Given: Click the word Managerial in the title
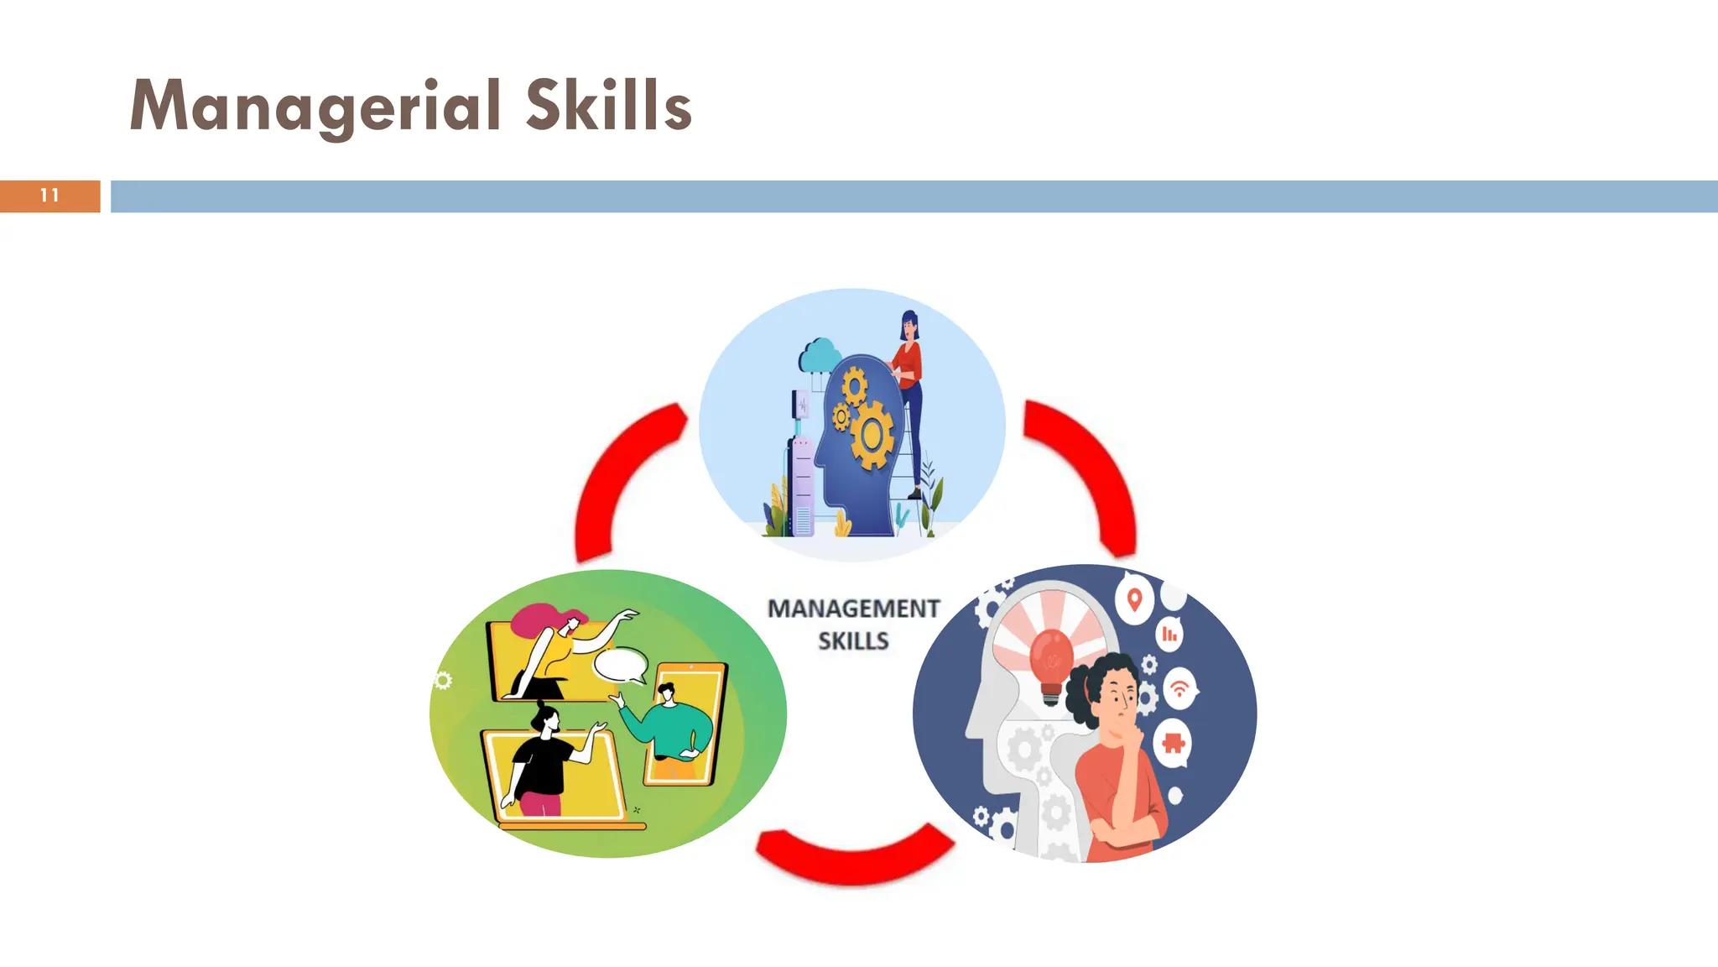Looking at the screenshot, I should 315,107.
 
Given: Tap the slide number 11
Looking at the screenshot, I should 49,196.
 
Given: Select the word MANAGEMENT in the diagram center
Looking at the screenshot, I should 853,609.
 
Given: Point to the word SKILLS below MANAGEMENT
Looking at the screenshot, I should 853,641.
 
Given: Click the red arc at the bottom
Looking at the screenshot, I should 853,856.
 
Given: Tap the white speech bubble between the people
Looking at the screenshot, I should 621,665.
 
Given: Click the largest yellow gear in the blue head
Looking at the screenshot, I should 872,435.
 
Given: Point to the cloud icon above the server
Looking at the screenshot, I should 820,356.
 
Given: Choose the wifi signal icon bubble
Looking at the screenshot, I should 1179,688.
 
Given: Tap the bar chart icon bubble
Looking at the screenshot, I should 1169,635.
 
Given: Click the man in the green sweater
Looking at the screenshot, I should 671,726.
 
